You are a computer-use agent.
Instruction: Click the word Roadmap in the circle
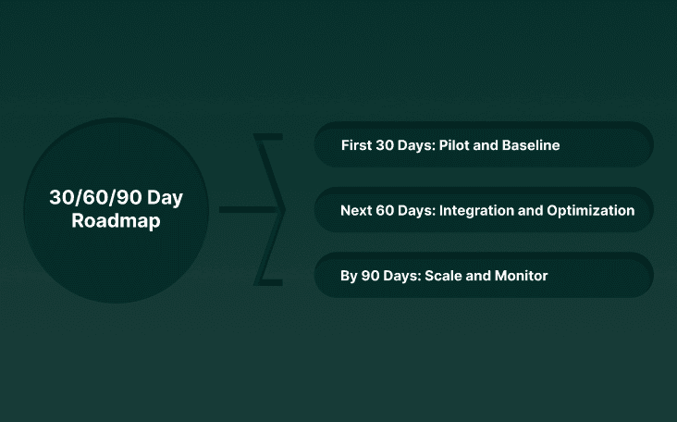tap(116, 222)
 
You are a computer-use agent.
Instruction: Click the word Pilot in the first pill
tap(457, 145)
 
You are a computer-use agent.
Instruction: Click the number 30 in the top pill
tap(388, 145)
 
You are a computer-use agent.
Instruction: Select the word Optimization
tap(589, 210)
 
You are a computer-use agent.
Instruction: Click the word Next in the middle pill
tap(356, 210)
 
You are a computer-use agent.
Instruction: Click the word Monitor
tap(520, 276)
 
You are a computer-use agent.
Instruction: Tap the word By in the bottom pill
tap(349, 276)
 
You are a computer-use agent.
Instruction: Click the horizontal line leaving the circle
tap(245, 210)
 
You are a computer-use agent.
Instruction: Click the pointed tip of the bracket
tap(283, 210)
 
